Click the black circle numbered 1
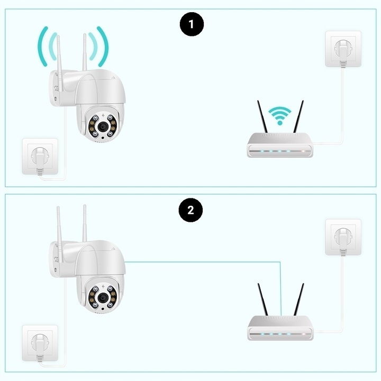(192, 25)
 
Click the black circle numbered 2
(192, 211)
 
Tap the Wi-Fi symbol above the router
(279, 114)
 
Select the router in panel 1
(281, 146)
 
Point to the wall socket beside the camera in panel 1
(39, 156)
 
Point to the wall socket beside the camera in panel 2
(39, 343)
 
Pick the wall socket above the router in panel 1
(343, 49)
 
